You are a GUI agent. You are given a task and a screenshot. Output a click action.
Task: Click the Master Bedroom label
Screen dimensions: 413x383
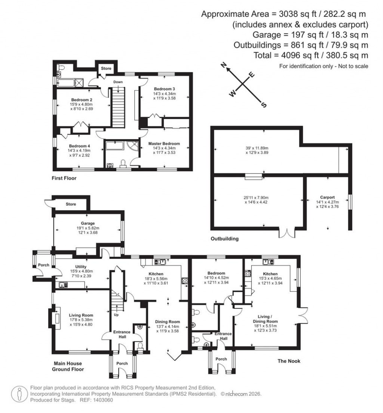point(164,143)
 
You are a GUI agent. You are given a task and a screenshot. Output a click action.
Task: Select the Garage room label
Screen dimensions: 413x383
point(88,223)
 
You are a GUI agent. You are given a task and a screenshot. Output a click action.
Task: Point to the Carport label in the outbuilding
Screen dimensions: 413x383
point(327,197)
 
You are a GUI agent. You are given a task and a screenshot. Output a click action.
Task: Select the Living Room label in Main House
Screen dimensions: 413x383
point(81,315)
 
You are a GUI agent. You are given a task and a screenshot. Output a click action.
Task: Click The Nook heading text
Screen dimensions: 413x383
point(289,361)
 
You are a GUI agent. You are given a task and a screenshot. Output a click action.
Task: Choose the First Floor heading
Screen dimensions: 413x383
point(64,178)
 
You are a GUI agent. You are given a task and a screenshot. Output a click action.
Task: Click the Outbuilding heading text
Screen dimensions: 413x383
point(224,238)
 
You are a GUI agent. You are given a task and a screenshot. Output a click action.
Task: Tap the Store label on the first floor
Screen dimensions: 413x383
point(107,68)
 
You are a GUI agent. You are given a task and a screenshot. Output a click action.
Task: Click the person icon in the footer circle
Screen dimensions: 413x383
point(18,394)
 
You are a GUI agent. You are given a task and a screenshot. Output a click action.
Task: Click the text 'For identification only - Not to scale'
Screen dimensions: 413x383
point(324,66)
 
